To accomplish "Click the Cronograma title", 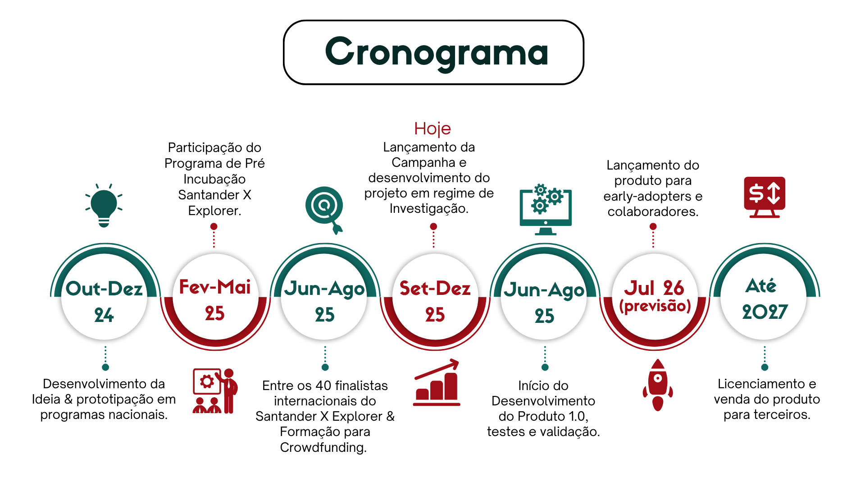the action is click(x=436, y=53).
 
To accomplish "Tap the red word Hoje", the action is click(x=432, y=129).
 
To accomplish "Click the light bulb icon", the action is click(x=104, y=205).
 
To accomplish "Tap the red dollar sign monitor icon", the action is click(x=765, y=198).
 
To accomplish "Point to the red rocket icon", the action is click(x=658, y=385).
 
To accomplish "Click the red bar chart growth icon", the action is click(x=437, y=382).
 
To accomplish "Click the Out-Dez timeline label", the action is click(x=104, y=289).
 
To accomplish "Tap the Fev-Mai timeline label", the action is click(x=215, y=287).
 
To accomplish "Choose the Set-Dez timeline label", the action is click(x=435, y=288).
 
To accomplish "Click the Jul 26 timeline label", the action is click(x=654, y=288).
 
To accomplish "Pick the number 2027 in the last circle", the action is click(x=765, y=312).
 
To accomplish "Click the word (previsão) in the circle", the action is click(x=655, y=306).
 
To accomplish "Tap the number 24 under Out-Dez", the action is click(x=104, y=315).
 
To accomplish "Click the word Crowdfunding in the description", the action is click(x=323, y=447).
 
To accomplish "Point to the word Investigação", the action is click(x=429, y=208).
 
